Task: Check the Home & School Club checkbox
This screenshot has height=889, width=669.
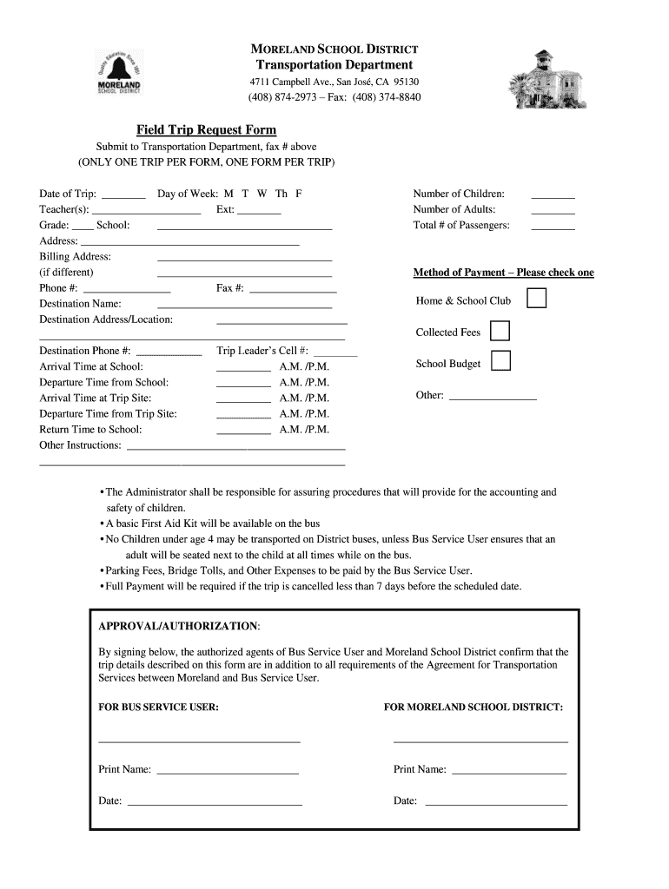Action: pyautogui.click(x=538, y=300)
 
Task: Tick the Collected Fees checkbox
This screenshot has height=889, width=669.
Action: pyautogui.click(x=500, y=332)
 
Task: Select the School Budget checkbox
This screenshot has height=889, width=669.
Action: pyautogui.click(x=500, y=361)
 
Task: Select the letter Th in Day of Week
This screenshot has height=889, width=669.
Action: pyautogui.click(x=282, y=194)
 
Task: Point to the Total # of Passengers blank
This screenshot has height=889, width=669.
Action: pyautogui.click(x=553, y=228)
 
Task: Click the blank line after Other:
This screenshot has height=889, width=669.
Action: pyautogui.click(x=492, y=398)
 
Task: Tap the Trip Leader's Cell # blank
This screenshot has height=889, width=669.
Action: pyautogui.click(x=335, y=355)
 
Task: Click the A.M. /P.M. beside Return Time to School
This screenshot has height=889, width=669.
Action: pyautogui.click(x=304, y=430)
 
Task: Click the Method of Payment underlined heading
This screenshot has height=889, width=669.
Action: pyautogui.click(x=503, y=273)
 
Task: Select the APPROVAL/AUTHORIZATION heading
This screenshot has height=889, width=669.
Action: pyautogui.click(x=178, y=626)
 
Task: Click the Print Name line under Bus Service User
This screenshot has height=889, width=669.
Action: pyautogui.click(x=228, y=773)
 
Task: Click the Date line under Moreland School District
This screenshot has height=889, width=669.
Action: pyautogui.click(x=494, y=804)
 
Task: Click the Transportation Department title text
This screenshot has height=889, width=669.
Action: pyautogui.click(x=334, y=65)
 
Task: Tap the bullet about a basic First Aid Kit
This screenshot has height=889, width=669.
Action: pyautogui.click(x=213, y=524)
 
